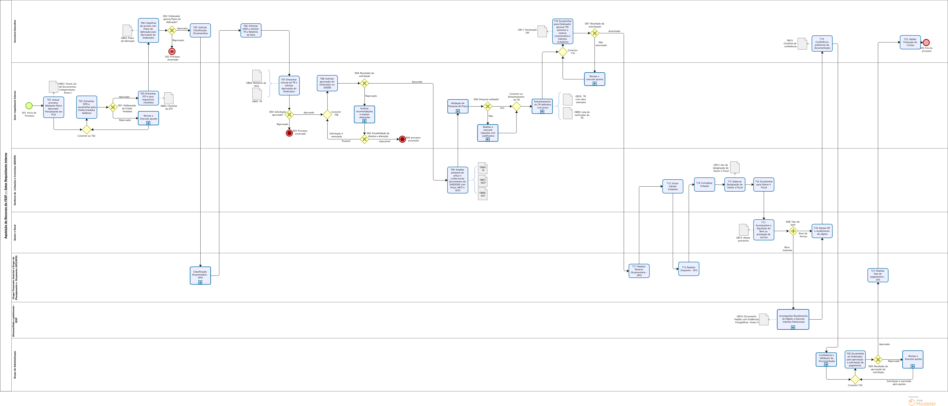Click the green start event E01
coord(29,106)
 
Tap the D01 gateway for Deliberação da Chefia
coord(113,107)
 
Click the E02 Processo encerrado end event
coord(172,52)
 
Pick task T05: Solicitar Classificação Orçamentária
coord(200,31)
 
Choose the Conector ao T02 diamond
coord(86,130)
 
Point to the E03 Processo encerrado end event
coord(289,133)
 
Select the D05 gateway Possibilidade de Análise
coord(364,139)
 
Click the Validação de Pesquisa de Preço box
coord(458,106)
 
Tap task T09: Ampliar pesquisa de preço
coord(457,180)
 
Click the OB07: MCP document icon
coord(483,181)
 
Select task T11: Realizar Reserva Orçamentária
coord(639,271)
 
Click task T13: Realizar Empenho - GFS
coord(689,269)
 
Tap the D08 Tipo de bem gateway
coord(793,231)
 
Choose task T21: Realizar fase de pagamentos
coord(878,275)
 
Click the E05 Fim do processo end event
coord(926,42)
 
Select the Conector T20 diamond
coord(855,379)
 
